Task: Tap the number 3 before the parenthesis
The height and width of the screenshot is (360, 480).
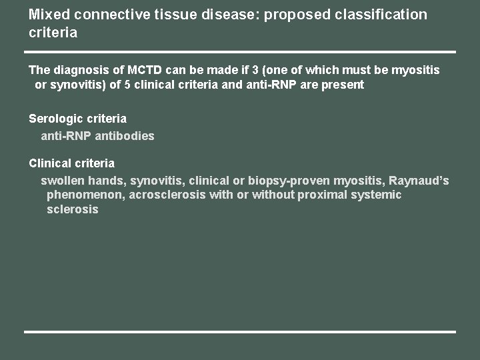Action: [x=256, y=70]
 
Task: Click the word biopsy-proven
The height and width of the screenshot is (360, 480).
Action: [x=289, y=180]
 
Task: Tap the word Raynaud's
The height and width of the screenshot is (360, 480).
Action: [x=419, y=180]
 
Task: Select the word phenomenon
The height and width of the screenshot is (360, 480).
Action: [x=81, y=195]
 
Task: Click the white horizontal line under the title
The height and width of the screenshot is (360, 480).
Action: [x=240, y=51]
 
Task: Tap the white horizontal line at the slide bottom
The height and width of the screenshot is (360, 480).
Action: [x=240, y=331]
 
